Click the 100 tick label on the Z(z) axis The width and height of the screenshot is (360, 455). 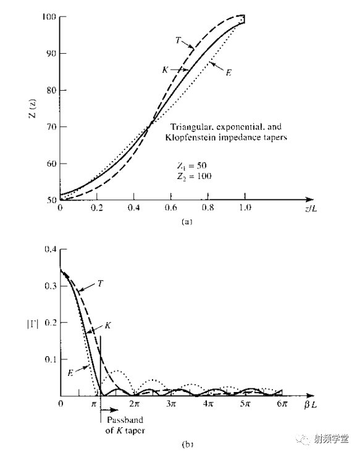[x=49, y=17]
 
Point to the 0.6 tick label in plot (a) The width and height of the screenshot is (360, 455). [x=170, y=207]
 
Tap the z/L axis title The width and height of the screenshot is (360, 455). [x=311, y=208]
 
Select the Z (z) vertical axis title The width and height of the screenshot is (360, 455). [x=33, y=109]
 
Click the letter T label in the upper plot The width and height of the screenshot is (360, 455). [x=178, y=40]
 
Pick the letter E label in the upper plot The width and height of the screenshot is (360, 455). [x=228, y=72]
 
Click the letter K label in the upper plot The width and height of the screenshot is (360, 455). [x=165, y=70]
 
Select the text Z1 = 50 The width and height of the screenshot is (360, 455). [x=192, y=165]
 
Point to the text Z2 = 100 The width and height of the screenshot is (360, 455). [x=195, y=176]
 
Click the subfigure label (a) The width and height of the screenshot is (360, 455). [x=186, y=222]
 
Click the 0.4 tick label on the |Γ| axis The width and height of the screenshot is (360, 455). [x=50, y=249]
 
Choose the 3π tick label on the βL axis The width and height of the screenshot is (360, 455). [x=171, y=404]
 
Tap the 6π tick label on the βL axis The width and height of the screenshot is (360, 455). [x=282, y=404]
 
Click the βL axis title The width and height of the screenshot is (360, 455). [x=311, y=404]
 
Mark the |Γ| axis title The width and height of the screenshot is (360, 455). [x=33, y=324]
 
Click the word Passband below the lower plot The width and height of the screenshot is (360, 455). [x=125, y=420]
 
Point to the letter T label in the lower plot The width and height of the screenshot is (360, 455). [x=100, y=283]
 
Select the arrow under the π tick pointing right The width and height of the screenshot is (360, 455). [x=110, y=410]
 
